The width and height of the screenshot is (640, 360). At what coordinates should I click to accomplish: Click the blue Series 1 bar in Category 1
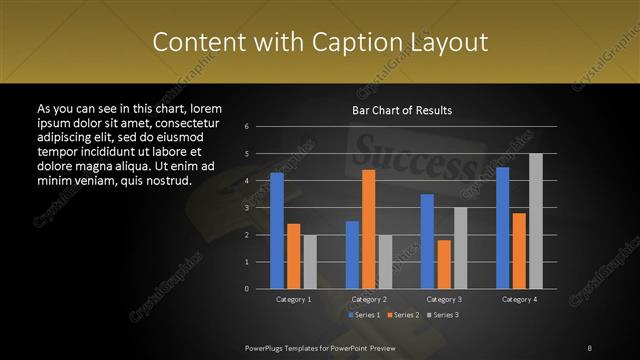click(277, 230)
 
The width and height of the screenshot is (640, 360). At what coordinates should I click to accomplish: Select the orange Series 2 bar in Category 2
click(369, 228)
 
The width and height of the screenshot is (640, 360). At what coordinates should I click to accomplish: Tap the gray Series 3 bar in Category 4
click(536, 221)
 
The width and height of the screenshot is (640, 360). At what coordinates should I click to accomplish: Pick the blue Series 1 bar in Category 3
click(427, 241)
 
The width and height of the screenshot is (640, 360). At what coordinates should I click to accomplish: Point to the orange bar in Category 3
click(444, 264)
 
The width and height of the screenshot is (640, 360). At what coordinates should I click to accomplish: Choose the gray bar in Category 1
click(310, 261)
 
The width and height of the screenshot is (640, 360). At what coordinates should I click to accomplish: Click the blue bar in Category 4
click(502, 227)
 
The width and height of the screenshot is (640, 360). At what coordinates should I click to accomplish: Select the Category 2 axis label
click(369, 299)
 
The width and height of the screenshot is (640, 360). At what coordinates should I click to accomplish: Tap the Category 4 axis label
click(519, 299)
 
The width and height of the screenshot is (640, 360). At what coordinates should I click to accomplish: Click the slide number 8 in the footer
click(589, 347)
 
